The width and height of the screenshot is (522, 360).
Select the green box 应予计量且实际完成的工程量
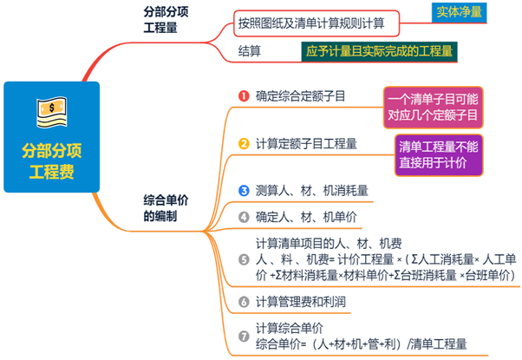click(380, 51)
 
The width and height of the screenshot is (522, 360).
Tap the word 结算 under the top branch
click(251, 51)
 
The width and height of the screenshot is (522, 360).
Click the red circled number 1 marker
click(244, 95)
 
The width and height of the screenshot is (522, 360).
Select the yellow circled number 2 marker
click(244, 142)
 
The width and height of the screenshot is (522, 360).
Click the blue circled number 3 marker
click(244, 189)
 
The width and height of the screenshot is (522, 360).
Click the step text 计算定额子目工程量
click(306, 142)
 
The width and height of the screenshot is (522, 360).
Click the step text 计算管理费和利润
click(300, 301)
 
